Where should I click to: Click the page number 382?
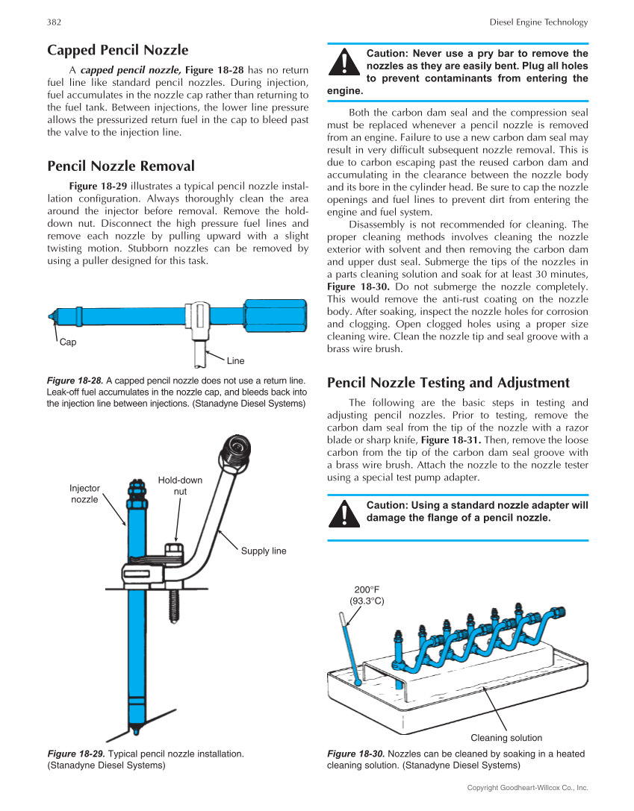(54, 22)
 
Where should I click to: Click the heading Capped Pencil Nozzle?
(117, 50)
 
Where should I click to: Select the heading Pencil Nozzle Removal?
(120, 166)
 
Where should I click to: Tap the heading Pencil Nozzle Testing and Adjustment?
(448, 383)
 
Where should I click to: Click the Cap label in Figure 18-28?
(68, 342)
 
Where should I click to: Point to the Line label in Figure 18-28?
(235, 360)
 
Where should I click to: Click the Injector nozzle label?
(84, 494)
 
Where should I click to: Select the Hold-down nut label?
(180, 486)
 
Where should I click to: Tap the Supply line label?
(264, 551)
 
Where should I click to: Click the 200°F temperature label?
(367, 595)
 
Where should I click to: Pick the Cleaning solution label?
(506, 738)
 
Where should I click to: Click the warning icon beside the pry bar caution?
(343, 62)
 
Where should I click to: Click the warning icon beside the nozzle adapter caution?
(343, 514)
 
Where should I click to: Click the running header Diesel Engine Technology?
(538, 22)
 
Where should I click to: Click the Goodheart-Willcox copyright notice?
(527, 788)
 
